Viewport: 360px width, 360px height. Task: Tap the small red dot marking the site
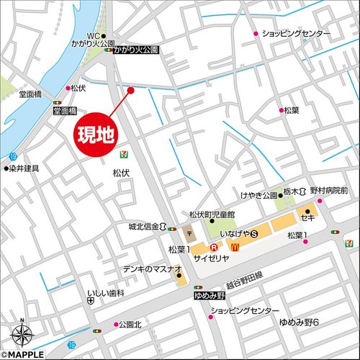pyautogui.click(x=131, y=90)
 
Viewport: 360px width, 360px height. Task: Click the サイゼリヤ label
pyautogui.click(x=210, y=258)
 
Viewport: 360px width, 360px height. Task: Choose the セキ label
pyautogui.click(x=308, y=217)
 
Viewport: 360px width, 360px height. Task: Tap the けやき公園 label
pyautogui.click(x=260, y=195)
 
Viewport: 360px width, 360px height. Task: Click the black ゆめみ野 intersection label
pyautogui.click(x=210, y=296)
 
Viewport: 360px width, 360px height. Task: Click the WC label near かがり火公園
pyautogui.click(x=92, y=35)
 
